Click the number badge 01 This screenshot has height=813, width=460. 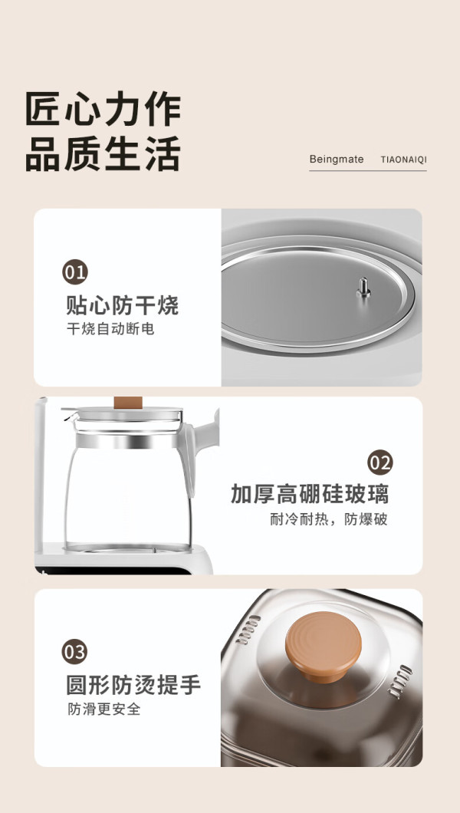[x=75, y=272]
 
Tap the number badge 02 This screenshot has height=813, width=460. [x=380, y=462]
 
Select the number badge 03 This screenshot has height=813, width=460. [x=74, y=652]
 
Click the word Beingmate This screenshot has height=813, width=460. [x=337, y=160]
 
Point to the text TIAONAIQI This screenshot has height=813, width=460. [x=404, y=160]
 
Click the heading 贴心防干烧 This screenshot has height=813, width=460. [x=122, y=305]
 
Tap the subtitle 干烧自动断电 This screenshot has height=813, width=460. [x=110, y=329]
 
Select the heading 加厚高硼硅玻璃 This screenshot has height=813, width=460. [x=310, y=494]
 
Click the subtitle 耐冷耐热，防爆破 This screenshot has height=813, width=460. [x=329, y=519]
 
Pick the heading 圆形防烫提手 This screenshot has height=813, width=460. [x=133, y=684]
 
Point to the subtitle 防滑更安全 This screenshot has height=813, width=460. [x=104, y=709]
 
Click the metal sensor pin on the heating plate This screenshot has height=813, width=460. [x=363, y=288]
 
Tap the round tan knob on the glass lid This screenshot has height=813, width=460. [x=324, y=646]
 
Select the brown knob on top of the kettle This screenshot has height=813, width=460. [x=128, y=402]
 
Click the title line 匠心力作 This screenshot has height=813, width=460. [x=103, y=109]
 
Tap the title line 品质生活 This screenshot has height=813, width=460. [x=103, y=154]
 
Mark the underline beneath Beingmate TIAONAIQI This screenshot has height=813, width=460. [x=368, y=170]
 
